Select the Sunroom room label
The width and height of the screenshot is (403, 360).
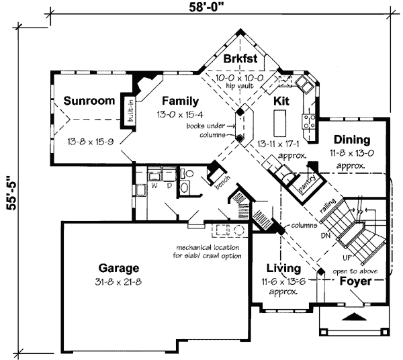click(89, 101)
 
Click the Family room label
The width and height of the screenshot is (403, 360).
click(179, 101)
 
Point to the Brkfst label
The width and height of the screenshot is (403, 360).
click(240, 58)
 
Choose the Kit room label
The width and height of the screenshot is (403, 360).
click(281, 101)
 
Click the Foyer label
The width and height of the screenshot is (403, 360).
click(354, 281)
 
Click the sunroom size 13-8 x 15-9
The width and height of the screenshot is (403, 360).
click(90, 142)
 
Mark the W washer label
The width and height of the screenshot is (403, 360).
click(154, 185)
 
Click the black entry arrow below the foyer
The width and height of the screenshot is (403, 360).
click(355, 315)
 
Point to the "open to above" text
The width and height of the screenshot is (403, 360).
click(354, 271)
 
